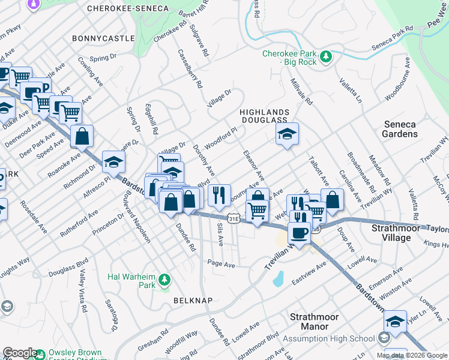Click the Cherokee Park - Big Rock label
click(289, 58)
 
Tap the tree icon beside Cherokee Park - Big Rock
click(325, 57)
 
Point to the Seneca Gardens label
click(400, 129)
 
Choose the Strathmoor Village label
click(399, 233)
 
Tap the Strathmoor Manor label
click(314, 322)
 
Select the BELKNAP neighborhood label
click(192, 299)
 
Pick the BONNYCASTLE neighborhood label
click(103, 38)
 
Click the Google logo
click(19, 353)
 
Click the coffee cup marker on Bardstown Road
click(298, 232)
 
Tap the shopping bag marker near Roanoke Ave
click(82, 136)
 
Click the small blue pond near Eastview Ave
click(277, 279)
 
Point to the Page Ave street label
click(220, 263)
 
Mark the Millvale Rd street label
click(301, 92)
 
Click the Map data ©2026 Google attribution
click(412, 355)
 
